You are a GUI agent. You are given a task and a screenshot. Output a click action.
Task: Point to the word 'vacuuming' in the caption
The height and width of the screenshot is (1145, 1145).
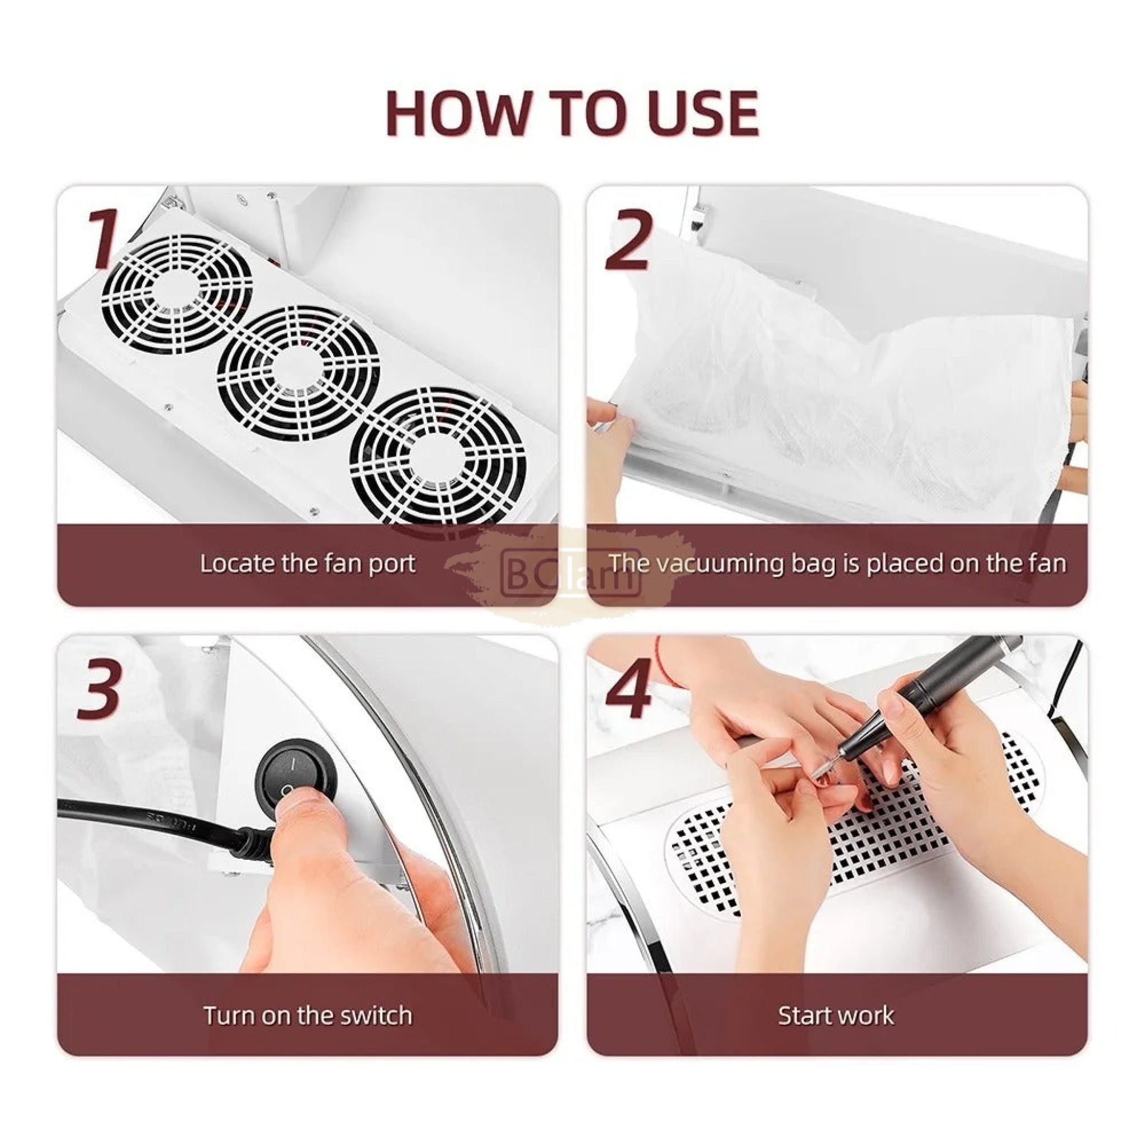click(x=721, y=564)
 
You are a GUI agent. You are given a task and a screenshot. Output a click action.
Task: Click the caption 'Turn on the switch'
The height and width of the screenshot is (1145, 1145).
click(x=308, y=1015)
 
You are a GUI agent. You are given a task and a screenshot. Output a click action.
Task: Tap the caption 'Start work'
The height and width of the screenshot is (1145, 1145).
click(x=836, y=1015)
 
